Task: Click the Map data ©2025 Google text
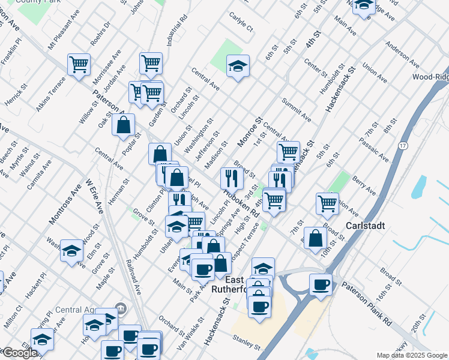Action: point(412,355)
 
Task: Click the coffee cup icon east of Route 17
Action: point(321,284)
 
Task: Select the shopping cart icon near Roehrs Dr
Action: point(79,64)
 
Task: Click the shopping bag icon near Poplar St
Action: point(123,125)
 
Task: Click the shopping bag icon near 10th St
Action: point(315,238)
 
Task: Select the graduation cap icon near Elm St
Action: point(71,250)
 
